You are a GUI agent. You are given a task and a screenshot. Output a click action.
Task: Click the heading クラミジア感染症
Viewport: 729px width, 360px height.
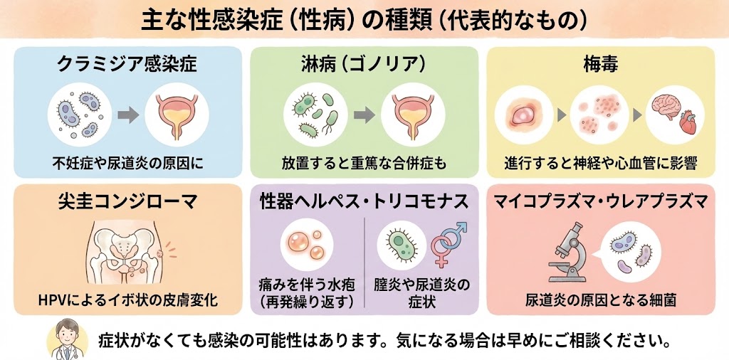(x=127, y=65)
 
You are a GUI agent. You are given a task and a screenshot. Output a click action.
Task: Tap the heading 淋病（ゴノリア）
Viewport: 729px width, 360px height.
(x=364, y=65)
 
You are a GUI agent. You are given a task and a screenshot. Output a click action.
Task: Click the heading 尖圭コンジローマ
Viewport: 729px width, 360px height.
(x=127, y=201)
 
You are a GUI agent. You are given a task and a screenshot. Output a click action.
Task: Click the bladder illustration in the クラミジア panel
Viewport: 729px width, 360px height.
(x=175, y=114)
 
